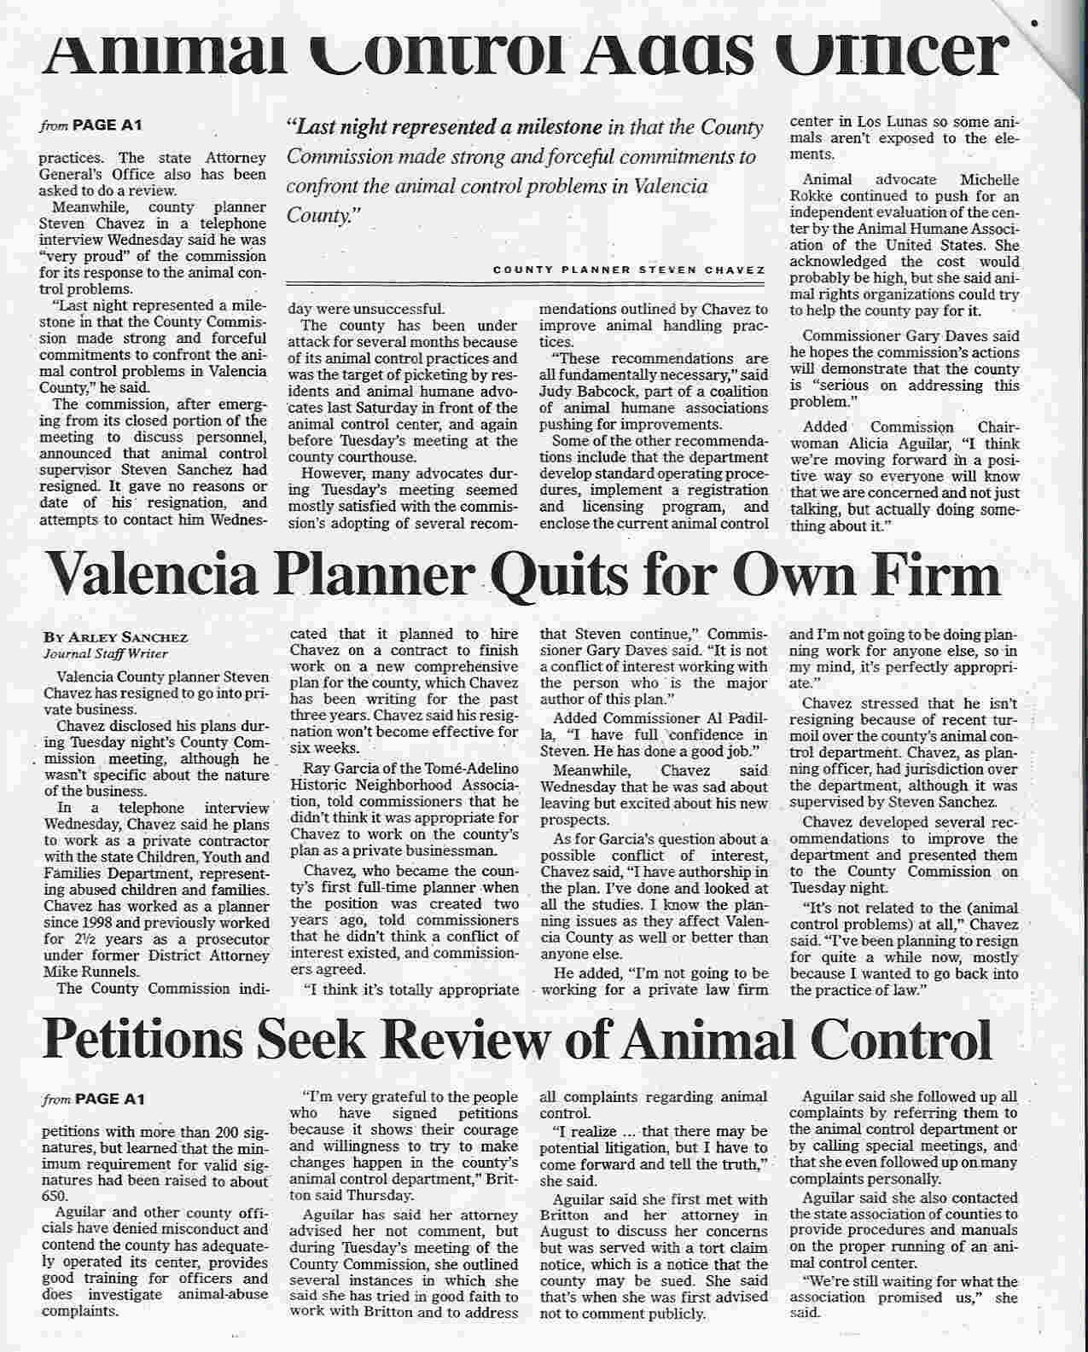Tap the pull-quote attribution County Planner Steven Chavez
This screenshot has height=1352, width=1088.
(627, 270)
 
